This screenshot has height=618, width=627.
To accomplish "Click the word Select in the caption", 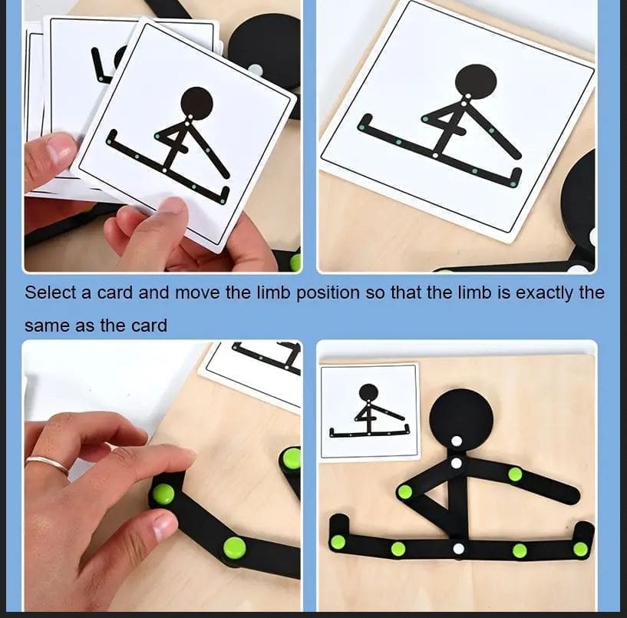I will coord(51,292).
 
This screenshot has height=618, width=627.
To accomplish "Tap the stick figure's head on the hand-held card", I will coord(196,101).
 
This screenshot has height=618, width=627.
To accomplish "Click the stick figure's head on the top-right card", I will coord(475,81).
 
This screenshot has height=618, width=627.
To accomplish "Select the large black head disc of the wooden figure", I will coord(460,415).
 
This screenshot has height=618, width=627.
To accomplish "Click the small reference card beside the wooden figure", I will coord(368,411).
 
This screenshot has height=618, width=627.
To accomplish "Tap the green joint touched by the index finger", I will coord(163,494).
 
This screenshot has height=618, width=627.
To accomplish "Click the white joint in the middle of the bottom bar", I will coord(459,548).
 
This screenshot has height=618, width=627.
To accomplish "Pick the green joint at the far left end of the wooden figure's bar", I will coord(338,542).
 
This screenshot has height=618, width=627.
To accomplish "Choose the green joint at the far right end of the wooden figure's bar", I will coord(580,549).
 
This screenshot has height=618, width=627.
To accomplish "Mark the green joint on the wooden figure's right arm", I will coord(515,474).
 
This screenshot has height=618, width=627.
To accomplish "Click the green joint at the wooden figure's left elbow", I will coord(404,492).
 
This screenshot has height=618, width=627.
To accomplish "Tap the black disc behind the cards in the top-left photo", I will coord(265,46).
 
